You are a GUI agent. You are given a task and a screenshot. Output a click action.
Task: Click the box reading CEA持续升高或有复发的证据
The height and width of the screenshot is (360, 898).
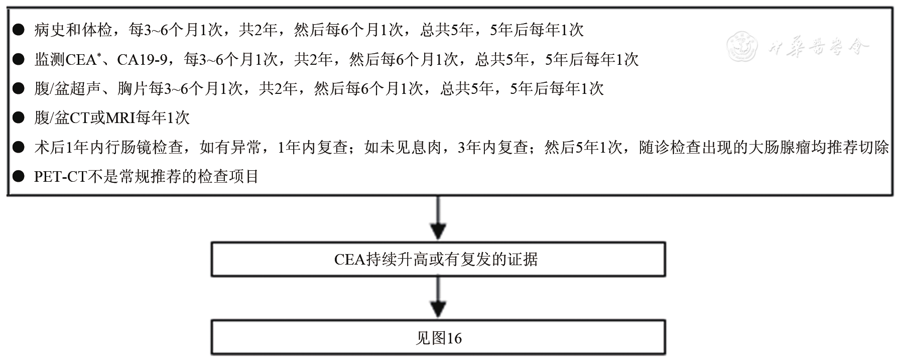click(438, 260)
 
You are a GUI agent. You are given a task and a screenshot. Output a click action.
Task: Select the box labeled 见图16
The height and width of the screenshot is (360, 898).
click(438, 338)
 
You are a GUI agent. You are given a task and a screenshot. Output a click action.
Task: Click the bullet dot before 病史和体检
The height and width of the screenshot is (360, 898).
click(19, 31)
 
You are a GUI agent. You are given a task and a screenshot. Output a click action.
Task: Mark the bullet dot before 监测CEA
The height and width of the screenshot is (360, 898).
click(19, 60)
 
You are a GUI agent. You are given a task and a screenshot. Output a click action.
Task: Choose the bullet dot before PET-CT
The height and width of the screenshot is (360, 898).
click(19, 177)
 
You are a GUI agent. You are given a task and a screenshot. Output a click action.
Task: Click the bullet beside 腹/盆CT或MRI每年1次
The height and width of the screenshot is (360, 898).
click(19, 118)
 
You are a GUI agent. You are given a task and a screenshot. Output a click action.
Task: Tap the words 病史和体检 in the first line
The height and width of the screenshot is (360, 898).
click(73, 31)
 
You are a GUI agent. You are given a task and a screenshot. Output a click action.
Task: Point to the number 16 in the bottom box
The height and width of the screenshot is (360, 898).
click(454, 338)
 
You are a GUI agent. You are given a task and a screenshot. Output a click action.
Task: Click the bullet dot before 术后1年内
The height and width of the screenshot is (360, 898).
click(19, 148)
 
